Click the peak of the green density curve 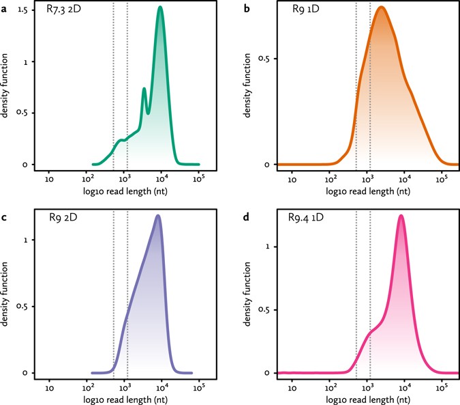click(160, 8)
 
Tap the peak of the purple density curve click(158, 216)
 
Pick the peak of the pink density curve click(401, 216)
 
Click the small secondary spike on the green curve click(144, 89)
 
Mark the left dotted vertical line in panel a click(113, 89)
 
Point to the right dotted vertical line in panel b click(370, 89)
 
